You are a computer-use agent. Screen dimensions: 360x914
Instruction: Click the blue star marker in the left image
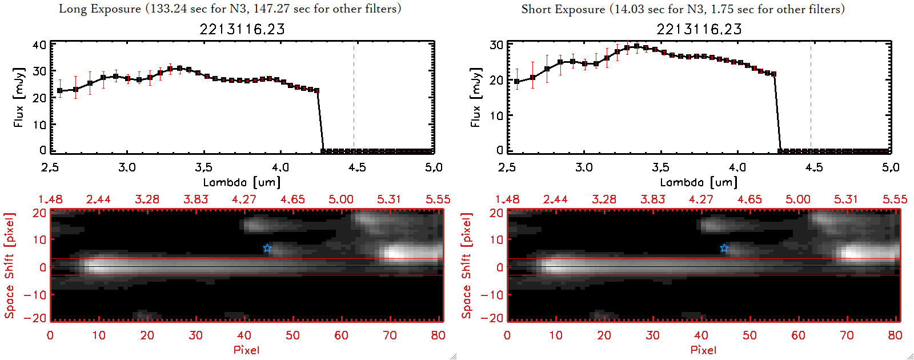click(x=267, y=249)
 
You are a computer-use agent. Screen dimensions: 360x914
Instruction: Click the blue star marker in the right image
click(x=724, y=249)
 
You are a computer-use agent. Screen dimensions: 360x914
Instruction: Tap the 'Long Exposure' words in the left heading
click(x=100, y=9)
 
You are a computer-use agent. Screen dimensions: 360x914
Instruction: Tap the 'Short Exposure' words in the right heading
click(x=563, y=9)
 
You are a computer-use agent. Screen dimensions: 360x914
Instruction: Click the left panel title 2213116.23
click(x=242, y=29)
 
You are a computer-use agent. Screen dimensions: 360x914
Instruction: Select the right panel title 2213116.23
click(x=699, y=29)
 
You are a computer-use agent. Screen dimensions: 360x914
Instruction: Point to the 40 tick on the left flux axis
click(x=39, y=45)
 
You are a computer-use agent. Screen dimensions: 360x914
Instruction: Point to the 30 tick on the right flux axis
click(x=496, y=45)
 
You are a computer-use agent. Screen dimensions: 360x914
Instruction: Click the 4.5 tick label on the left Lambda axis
click(x=357, y=167)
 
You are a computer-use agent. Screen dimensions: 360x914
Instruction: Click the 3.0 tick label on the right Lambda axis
click(x=584, y=167)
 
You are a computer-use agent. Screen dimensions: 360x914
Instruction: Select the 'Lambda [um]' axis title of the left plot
click(x=242, y=182)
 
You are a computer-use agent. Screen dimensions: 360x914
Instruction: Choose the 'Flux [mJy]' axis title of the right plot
click(x=475, y=97)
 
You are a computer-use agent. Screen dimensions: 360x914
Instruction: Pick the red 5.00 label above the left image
click(x=341, y=199)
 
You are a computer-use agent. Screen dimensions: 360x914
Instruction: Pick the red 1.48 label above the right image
click(x=507, y=199)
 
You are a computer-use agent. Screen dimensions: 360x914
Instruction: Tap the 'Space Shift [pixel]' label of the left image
click(x=10, y=266)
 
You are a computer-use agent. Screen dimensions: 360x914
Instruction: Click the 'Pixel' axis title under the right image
click(x=703, y=350)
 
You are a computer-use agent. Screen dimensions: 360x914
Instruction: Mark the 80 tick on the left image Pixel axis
click(x=438, y=335)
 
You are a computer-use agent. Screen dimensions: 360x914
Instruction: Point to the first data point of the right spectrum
click(x=517, y=82)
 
